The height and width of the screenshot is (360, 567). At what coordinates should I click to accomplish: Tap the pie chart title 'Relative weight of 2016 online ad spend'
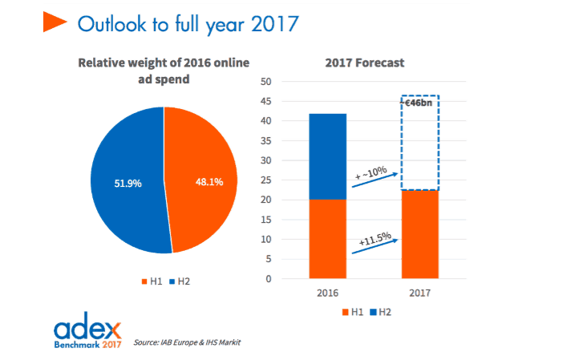point(164,71)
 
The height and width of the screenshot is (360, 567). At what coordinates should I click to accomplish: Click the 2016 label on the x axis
point(328,292)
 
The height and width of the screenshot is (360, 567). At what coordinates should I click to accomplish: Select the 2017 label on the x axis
point(420,292)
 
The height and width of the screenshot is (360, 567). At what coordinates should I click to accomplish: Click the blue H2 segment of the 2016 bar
point(328,156)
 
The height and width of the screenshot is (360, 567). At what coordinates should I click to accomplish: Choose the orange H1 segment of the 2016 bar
point(328,239)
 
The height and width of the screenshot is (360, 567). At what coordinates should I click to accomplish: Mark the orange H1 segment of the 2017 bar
point(420,234)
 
